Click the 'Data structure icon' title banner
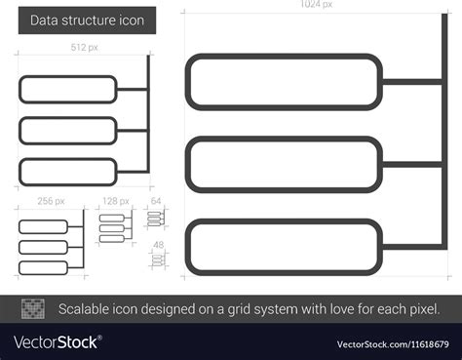[x=86, y=20]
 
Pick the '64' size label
[x=156, y=201]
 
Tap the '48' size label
[x=156, y=244]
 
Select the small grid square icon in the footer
[x=34, y=309]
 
